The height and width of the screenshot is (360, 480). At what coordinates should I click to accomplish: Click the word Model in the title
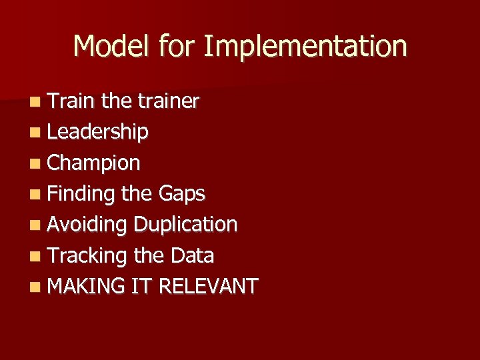tap(113, 47)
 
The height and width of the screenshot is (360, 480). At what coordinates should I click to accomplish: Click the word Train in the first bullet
tap(72, 101)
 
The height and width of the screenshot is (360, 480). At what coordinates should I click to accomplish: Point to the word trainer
tap(168, 101)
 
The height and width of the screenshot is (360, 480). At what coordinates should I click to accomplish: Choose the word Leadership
tap(98, 132)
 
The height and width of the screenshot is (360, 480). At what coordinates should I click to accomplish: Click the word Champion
tap(94, 163)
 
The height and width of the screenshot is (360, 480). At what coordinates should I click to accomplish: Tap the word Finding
tap(82, 194)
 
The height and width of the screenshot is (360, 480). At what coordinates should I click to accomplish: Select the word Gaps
tap(181, 194)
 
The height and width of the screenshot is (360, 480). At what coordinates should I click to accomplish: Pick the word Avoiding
tap(87, 225)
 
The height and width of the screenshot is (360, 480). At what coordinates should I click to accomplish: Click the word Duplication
tap(185, 225)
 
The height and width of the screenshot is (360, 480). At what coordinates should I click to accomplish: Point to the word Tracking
tap(88, 255)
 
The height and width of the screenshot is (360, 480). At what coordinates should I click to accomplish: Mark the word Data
tap(192, 255)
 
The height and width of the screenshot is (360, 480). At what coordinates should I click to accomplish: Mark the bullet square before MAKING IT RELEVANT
tap(35, 287)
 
